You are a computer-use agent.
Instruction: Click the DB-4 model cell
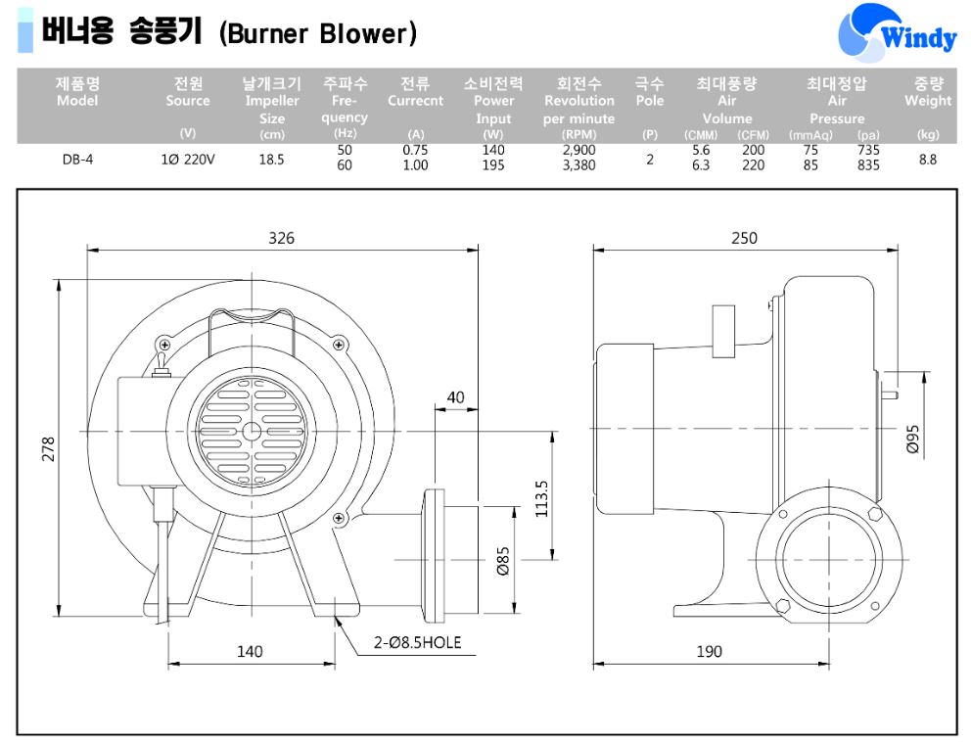point(77,159)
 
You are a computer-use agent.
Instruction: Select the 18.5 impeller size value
point(271,159)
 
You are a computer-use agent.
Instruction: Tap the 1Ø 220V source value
point(187,159)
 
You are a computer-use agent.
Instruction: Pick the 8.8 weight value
point(927,159)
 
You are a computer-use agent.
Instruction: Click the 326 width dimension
point(282,238)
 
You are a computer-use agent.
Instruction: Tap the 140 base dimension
point(251,651)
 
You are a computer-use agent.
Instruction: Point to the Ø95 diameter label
point(913,440)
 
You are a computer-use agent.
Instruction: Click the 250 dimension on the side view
point(744,238)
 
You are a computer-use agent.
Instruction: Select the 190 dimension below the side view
point(709,651)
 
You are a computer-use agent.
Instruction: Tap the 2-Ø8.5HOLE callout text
point(417,643)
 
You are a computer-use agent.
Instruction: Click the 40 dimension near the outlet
point(456,397)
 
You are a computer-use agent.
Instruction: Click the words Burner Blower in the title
point(318,34)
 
